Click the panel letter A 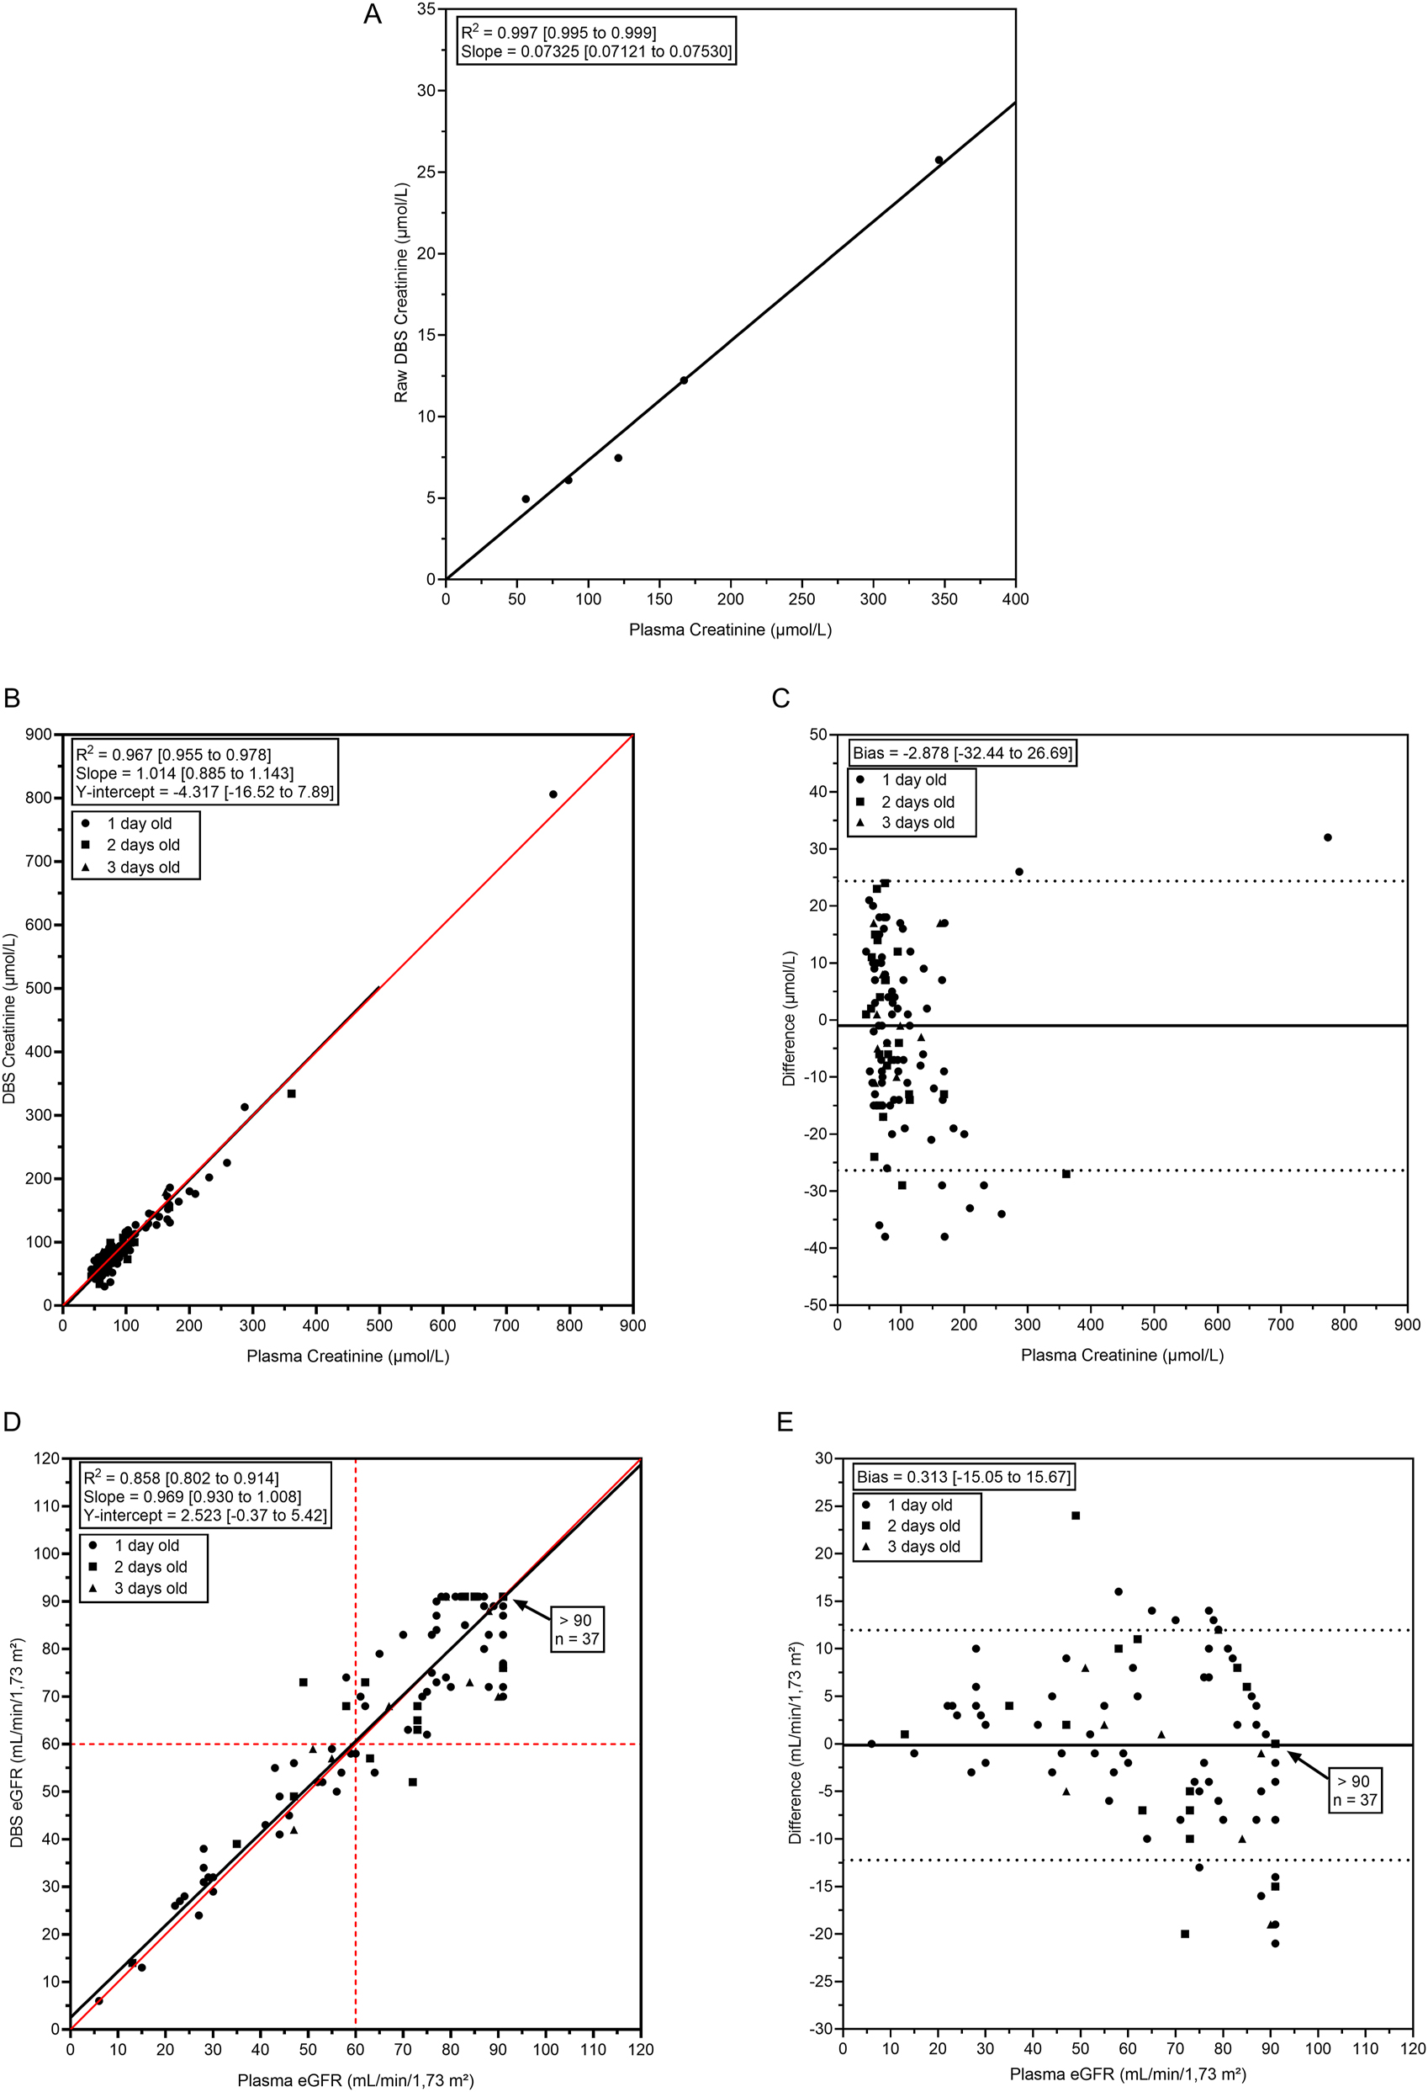pos(372,14)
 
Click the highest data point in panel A pos(939,160)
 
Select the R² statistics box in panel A pos(595,41)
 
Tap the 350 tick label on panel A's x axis pos(944,598)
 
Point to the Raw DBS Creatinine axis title pos(400,293)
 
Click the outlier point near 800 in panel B pos(553,794)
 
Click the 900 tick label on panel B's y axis pos(39,735)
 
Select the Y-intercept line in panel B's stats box pos(204,792)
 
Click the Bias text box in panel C pos(962,752)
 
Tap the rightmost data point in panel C pos(1327,837)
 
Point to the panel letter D pos(12,1421)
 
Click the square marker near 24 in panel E pos(1076,1516)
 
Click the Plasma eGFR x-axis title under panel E pos(1127,2074)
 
